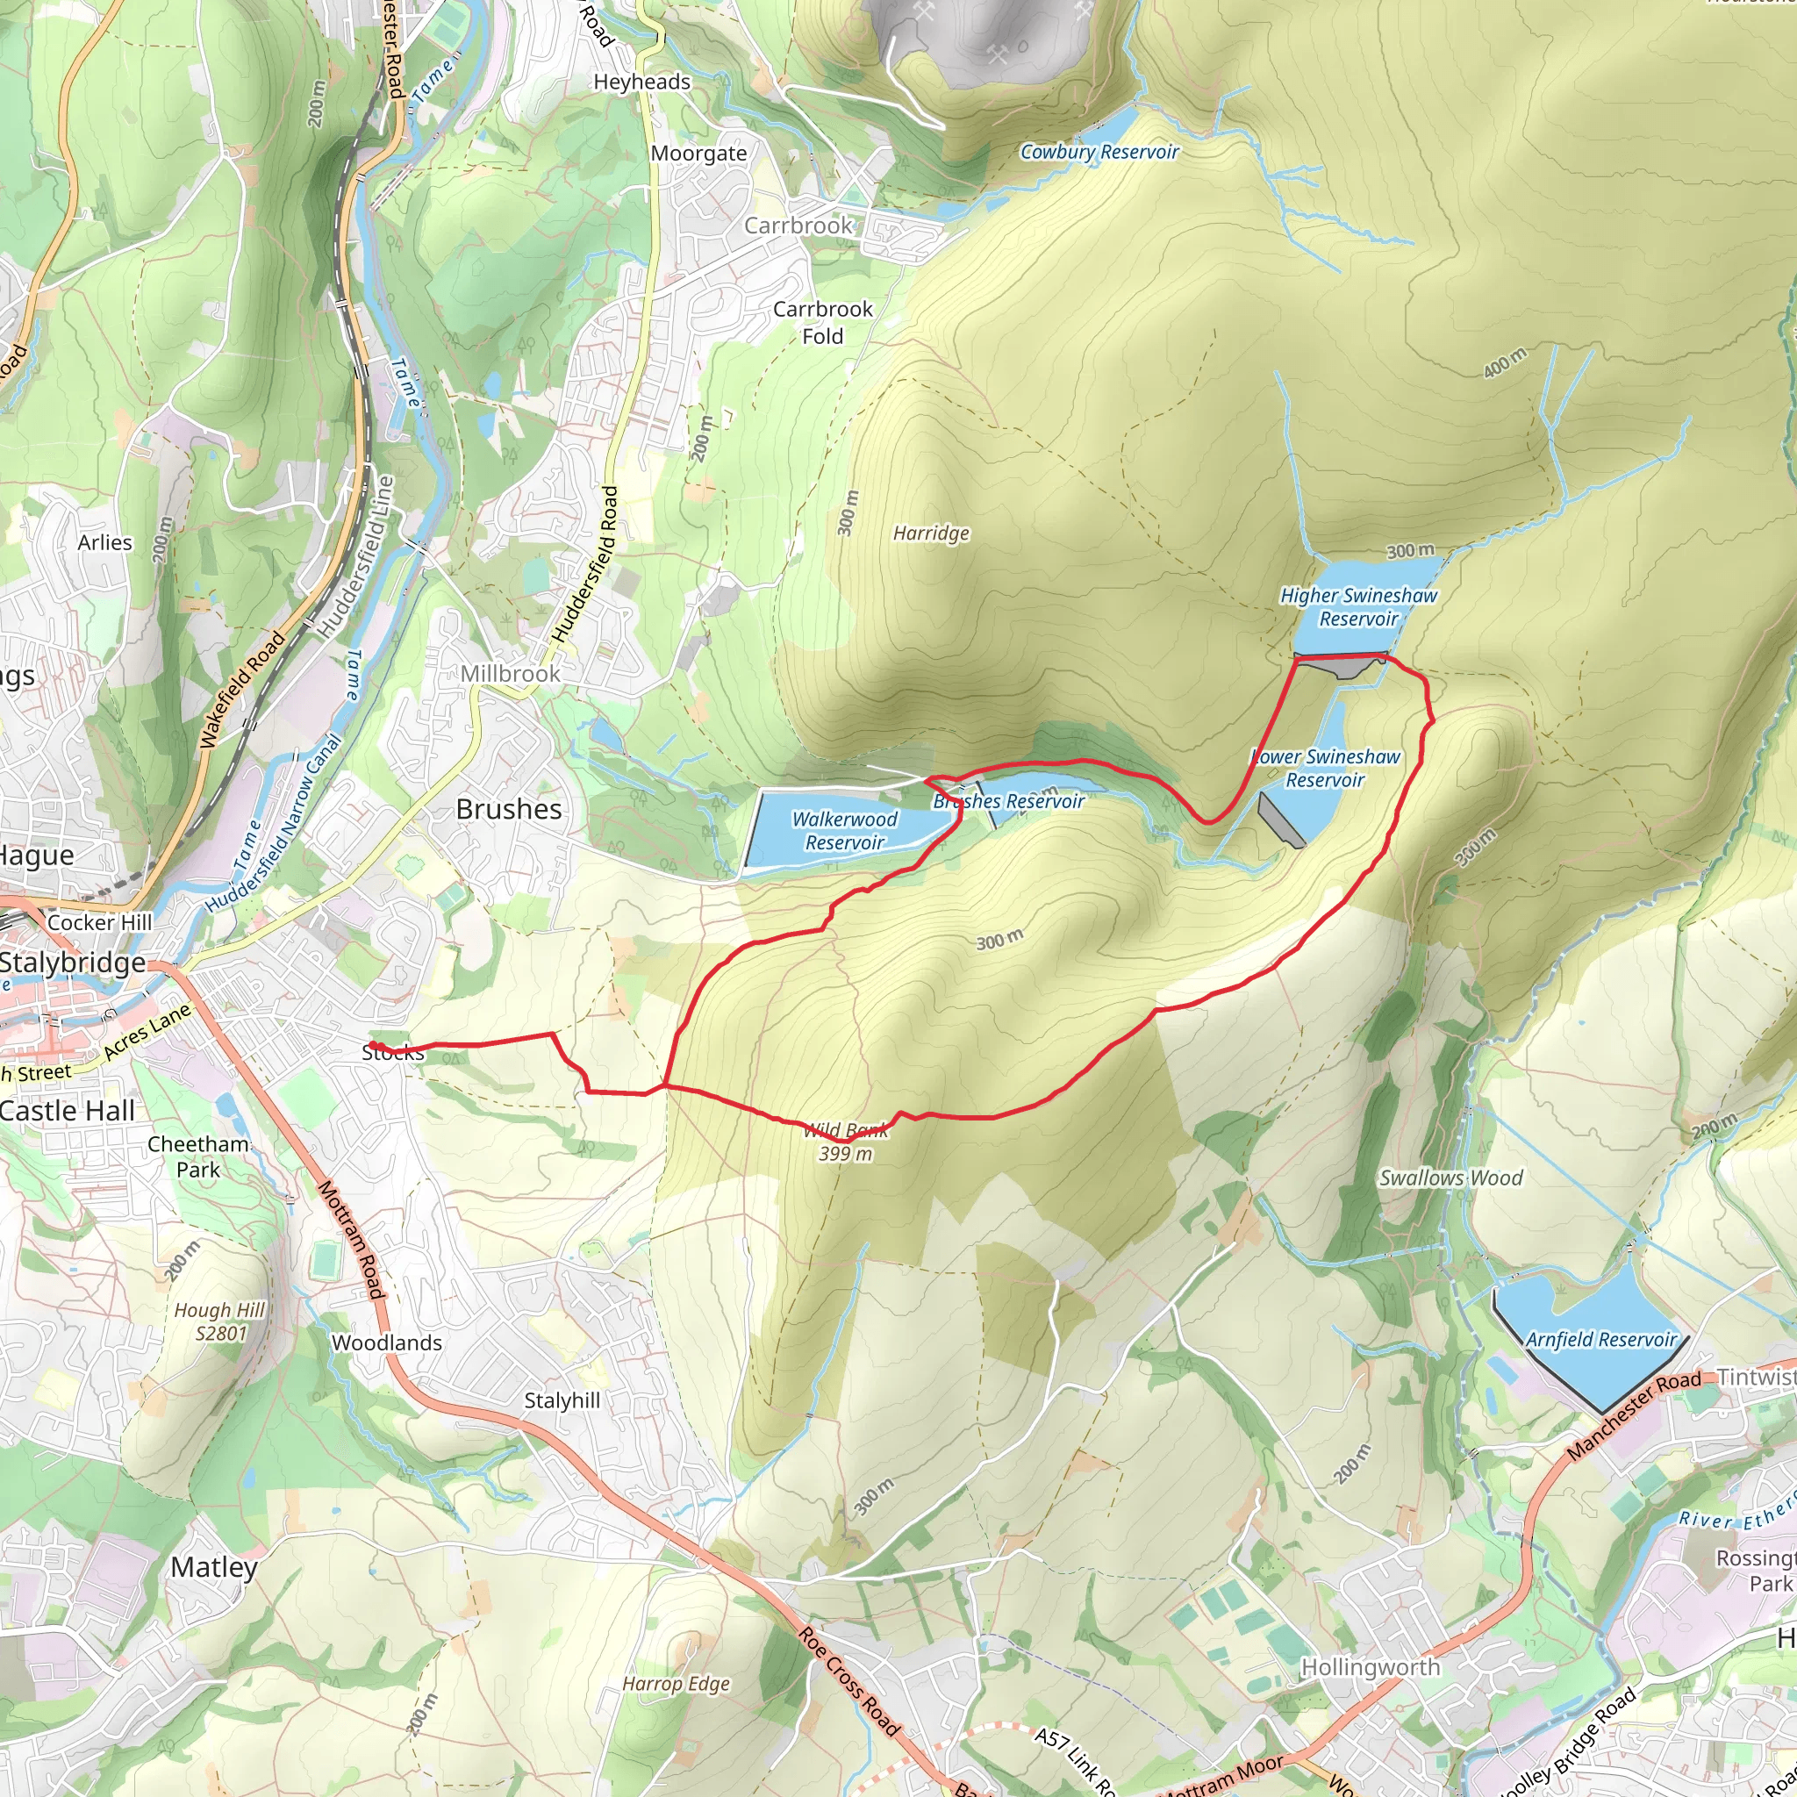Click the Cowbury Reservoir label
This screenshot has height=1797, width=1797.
click(1099, 152)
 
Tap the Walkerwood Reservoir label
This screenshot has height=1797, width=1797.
click(843, 831)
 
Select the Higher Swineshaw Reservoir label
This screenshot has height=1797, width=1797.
click(1358, 606)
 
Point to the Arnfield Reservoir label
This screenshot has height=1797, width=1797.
click(1600, 1339)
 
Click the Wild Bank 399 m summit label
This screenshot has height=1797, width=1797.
click(845, 1142)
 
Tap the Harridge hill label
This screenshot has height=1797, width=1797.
click(930, 533)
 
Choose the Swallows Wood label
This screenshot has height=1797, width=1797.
click(1450, 1178)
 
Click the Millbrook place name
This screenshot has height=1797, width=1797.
click(510, 673)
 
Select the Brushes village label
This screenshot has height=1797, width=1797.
click(509, 809)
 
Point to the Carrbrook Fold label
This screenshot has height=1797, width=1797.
click(822, 322)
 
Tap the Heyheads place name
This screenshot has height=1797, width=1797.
click(641, 82)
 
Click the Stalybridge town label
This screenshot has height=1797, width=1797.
click(73, 962)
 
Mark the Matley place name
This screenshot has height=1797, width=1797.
click(213, 1567)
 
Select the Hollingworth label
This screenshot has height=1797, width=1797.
click(1370, 1667)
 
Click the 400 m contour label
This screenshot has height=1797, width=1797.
click(1504, 362)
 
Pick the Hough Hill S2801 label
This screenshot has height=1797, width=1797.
click(219, 1321)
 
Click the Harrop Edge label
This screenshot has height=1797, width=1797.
click(676, 1684)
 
